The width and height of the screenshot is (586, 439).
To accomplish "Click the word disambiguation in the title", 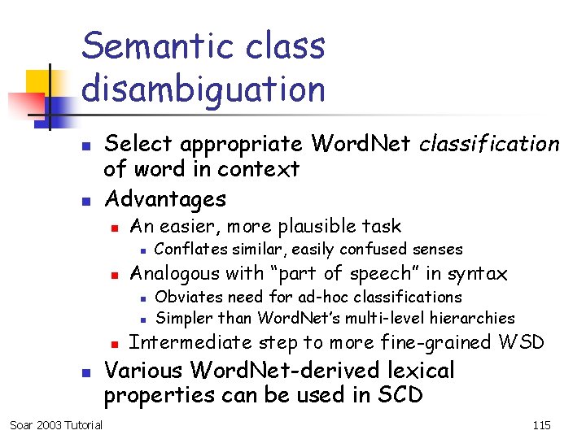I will pyautogui.click(x=203, y=89).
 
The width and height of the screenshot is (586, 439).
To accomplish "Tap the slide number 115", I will pyautogui.click(x=541, y=425).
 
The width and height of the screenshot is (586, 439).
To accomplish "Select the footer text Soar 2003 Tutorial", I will pyautogui.click(x=56, y=425).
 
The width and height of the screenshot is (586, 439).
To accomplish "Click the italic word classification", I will pyautogui.click(x=489, y=144).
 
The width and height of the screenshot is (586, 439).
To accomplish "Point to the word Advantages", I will pyautogui.click(x=166, y=198).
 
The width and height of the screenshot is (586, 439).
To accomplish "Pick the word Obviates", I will pyautogui.click(x=187, y=297).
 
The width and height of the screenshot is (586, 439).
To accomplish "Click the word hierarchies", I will pyautogui.click(x=473, y=317).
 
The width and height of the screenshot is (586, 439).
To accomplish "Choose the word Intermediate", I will pyautogui.click(x=191, y=342).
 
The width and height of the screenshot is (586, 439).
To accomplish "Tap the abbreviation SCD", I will pyautogui.click(x=400, y=395).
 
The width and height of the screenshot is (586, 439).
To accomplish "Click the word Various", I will pyautogui.click(x=144, y=371).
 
